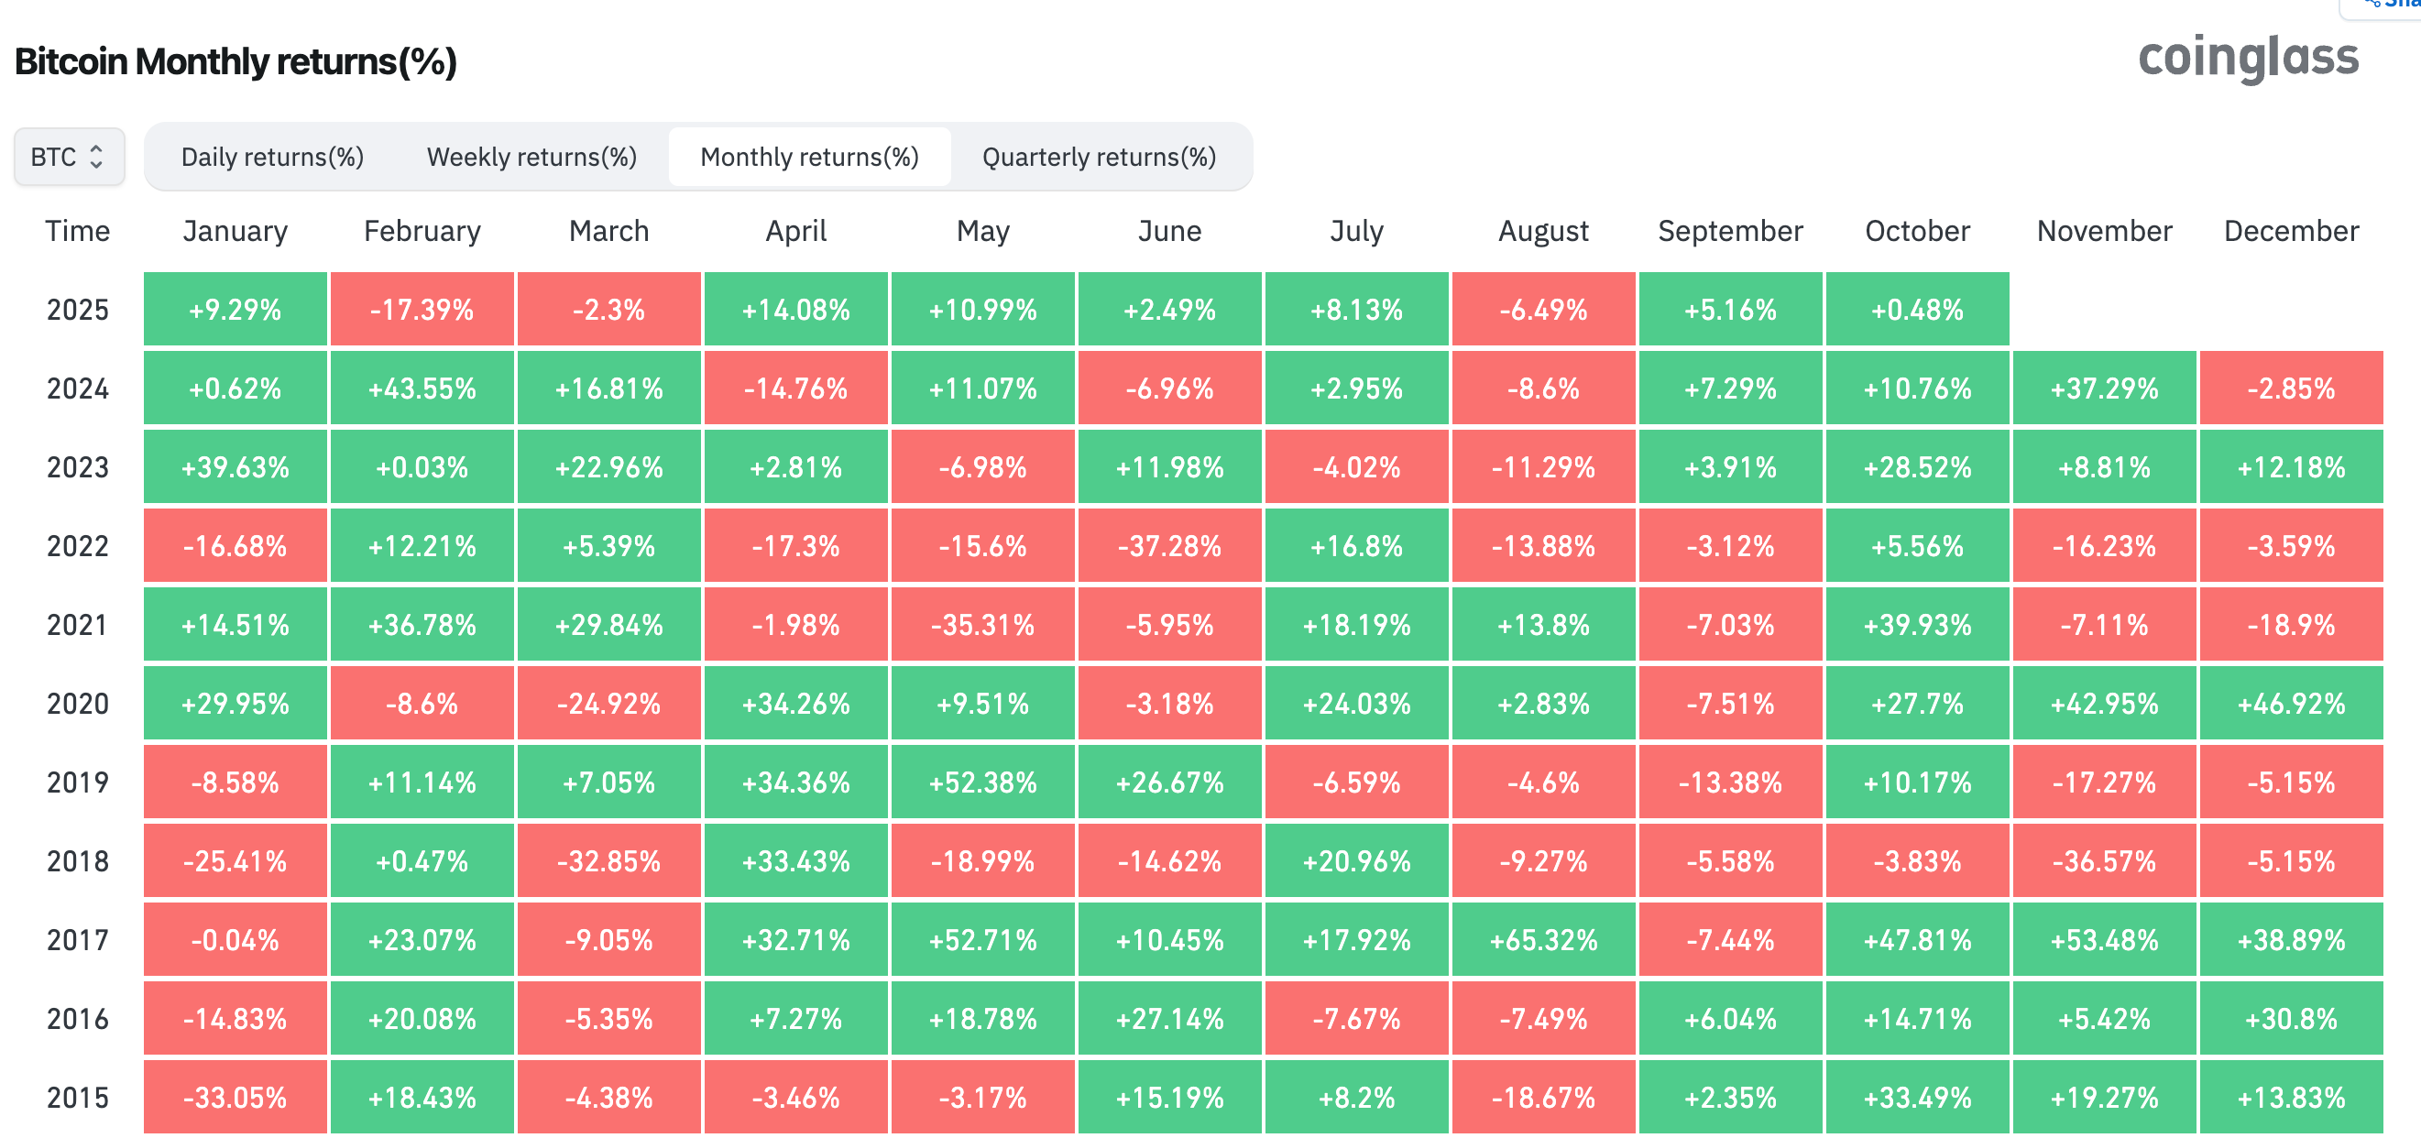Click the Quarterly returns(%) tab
pyautogui.click(x=1099, y=157)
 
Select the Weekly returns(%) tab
pyautogui.click(x=532, y=157)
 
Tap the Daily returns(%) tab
pyautogui.click(x=272, y=157)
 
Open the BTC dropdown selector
pyautogui.click(x=69, y=157)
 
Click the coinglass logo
pyautogui.click(x=2248, y=59)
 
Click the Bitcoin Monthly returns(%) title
pyautogui.click(x=236, y=62)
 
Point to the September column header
pyautogui.click(x=1730, y=231)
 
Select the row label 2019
pyautogui.click(x=78, y=782)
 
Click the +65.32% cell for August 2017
pyautogui.click(x=1543, y=940)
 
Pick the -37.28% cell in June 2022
pyautogui.click(x=1169, y=546)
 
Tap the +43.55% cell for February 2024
pyautogui.click(x=422, y=388)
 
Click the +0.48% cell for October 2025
pyautogui.click(x=1917, y=309)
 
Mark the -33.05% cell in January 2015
pyautogui.click(x=235, y=1098)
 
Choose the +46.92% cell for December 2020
pyautogui.click(x=2291, y=704)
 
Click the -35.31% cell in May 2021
pyautogui.click(x=982, y=625)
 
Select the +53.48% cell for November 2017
pyautogui.click(x=2104, y=940)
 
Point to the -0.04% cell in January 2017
pyautogui.click(x=235, y=940)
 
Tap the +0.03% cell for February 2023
pyautogui.click(x=422, y=467)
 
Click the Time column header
pyautogui.click(x=78, y=231)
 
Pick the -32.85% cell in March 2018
pyautogui.click(x=609, y=860)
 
